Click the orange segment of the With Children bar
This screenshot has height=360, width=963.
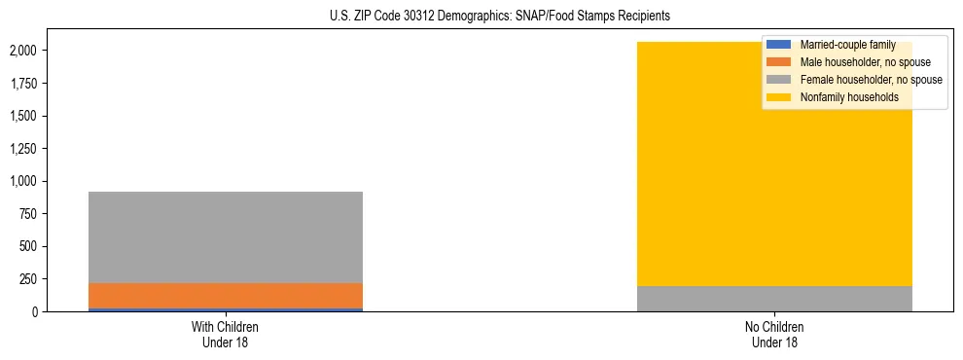click(x=226, y=296)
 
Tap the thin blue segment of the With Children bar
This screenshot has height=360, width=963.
click(x=226, y=309)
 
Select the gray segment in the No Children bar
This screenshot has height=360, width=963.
click(x=774, y=299)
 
